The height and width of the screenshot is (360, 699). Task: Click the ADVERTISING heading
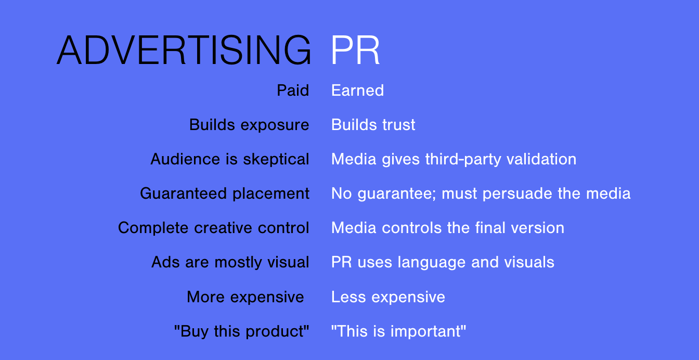point(184,50)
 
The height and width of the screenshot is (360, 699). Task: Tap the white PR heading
point(355,50)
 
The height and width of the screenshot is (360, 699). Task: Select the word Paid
point(293,91)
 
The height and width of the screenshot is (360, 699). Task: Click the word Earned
point(358,91)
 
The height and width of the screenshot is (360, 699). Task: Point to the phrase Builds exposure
point(249,125)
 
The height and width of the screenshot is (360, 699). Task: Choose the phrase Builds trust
point(373,125)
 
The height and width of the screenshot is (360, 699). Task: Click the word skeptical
point(276,160)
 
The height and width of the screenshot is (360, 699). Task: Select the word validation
point(541,159)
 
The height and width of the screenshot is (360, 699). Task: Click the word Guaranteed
point(183,194)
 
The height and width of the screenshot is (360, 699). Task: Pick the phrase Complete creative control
point(213,228)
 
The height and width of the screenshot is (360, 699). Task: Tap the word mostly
point(238,263)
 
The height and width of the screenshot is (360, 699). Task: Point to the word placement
point(271,194)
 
